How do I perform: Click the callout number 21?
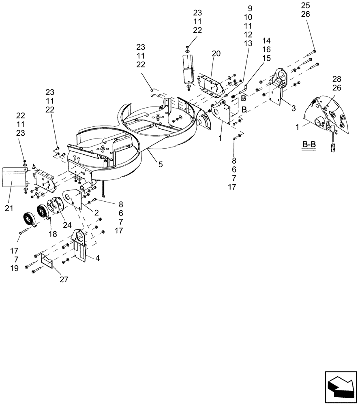9,208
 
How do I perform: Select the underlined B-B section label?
309,145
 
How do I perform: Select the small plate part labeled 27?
49,260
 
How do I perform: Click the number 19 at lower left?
15,269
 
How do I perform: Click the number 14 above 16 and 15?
266,41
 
